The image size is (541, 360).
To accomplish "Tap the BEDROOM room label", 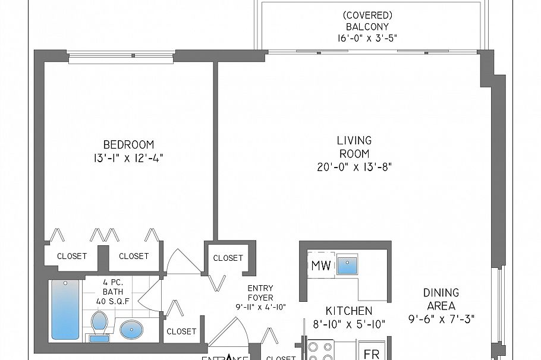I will [128, 144].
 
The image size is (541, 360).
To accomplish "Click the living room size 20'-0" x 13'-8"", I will [354, 167].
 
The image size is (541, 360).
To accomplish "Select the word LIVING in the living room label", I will [354, 141].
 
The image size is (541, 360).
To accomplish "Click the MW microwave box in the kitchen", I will [321, 265].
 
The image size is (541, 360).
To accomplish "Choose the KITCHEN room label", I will [348, 311].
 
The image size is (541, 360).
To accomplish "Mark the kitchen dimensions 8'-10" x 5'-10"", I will [348, 324].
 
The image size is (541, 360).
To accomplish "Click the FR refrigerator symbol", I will [372, 353].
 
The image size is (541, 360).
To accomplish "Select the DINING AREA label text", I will [441, 299].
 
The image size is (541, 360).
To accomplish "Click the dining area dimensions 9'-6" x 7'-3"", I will [441, 318].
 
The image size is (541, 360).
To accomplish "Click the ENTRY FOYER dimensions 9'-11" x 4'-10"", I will [260, 307].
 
